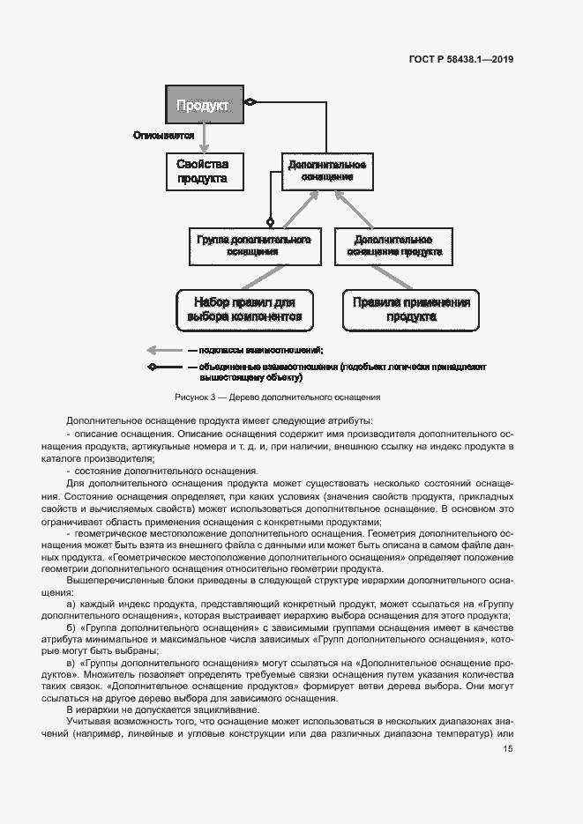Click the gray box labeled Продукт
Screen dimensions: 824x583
(x=202, y=106)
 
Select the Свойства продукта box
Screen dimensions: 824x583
(x=202, y=171)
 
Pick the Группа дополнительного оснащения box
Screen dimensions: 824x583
(x=251, y=245)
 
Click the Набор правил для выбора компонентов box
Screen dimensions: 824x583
(x=244, y=309)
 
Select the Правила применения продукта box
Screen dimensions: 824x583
(x=411, y=309)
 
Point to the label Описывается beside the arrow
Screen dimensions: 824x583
(x=163, y=136)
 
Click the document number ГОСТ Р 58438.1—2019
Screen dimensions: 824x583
(x=460, y=60)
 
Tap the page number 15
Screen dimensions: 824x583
(x=508, y=749)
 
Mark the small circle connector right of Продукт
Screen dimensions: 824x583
(x=250, y=104)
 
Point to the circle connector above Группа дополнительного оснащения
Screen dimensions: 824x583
(x=271, y=221)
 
